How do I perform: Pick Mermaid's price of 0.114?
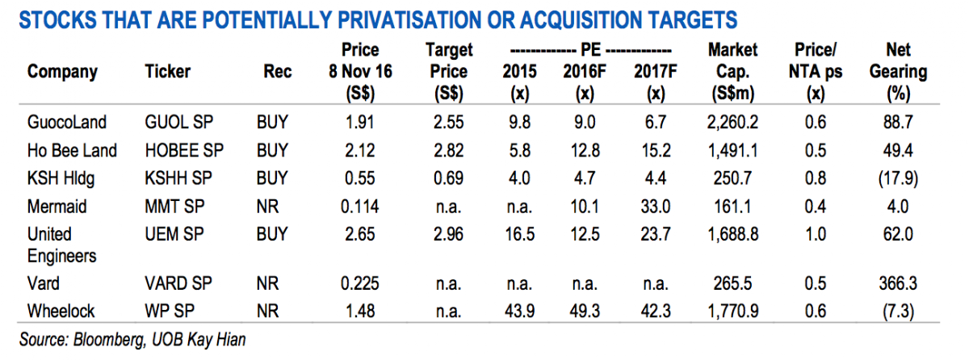pos(360,206)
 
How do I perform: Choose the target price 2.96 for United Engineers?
pos(449,234)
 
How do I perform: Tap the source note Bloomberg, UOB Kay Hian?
pos(132,340)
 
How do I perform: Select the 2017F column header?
pos(655,71)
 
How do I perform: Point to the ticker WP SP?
pos(170,311)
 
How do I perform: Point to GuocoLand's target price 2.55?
pos(449,123)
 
